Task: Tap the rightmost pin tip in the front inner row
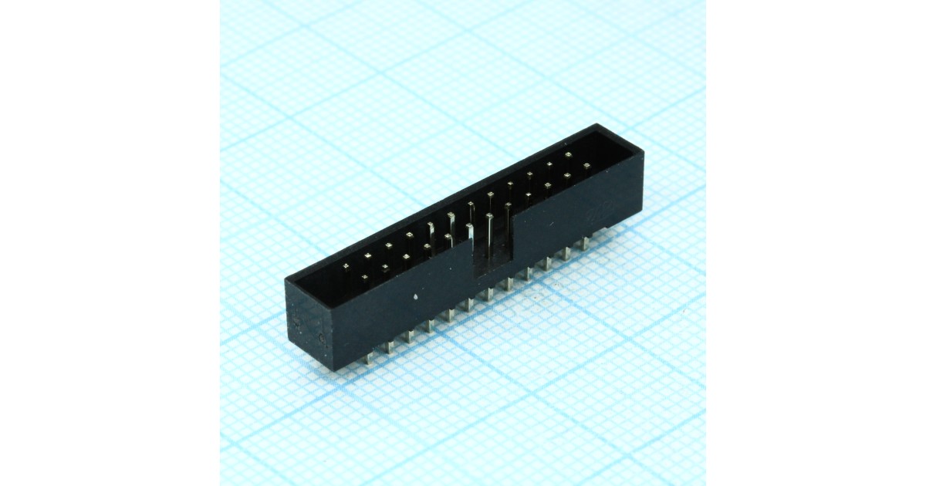coord(586,165)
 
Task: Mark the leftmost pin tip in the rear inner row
coord(346,267)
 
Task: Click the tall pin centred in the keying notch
coord(489,231)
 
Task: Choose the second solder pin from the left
coord(389,348)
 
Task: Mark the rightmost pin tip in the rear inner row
coord(568,155)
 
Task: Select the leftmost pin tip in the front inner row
coord(365,276)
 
